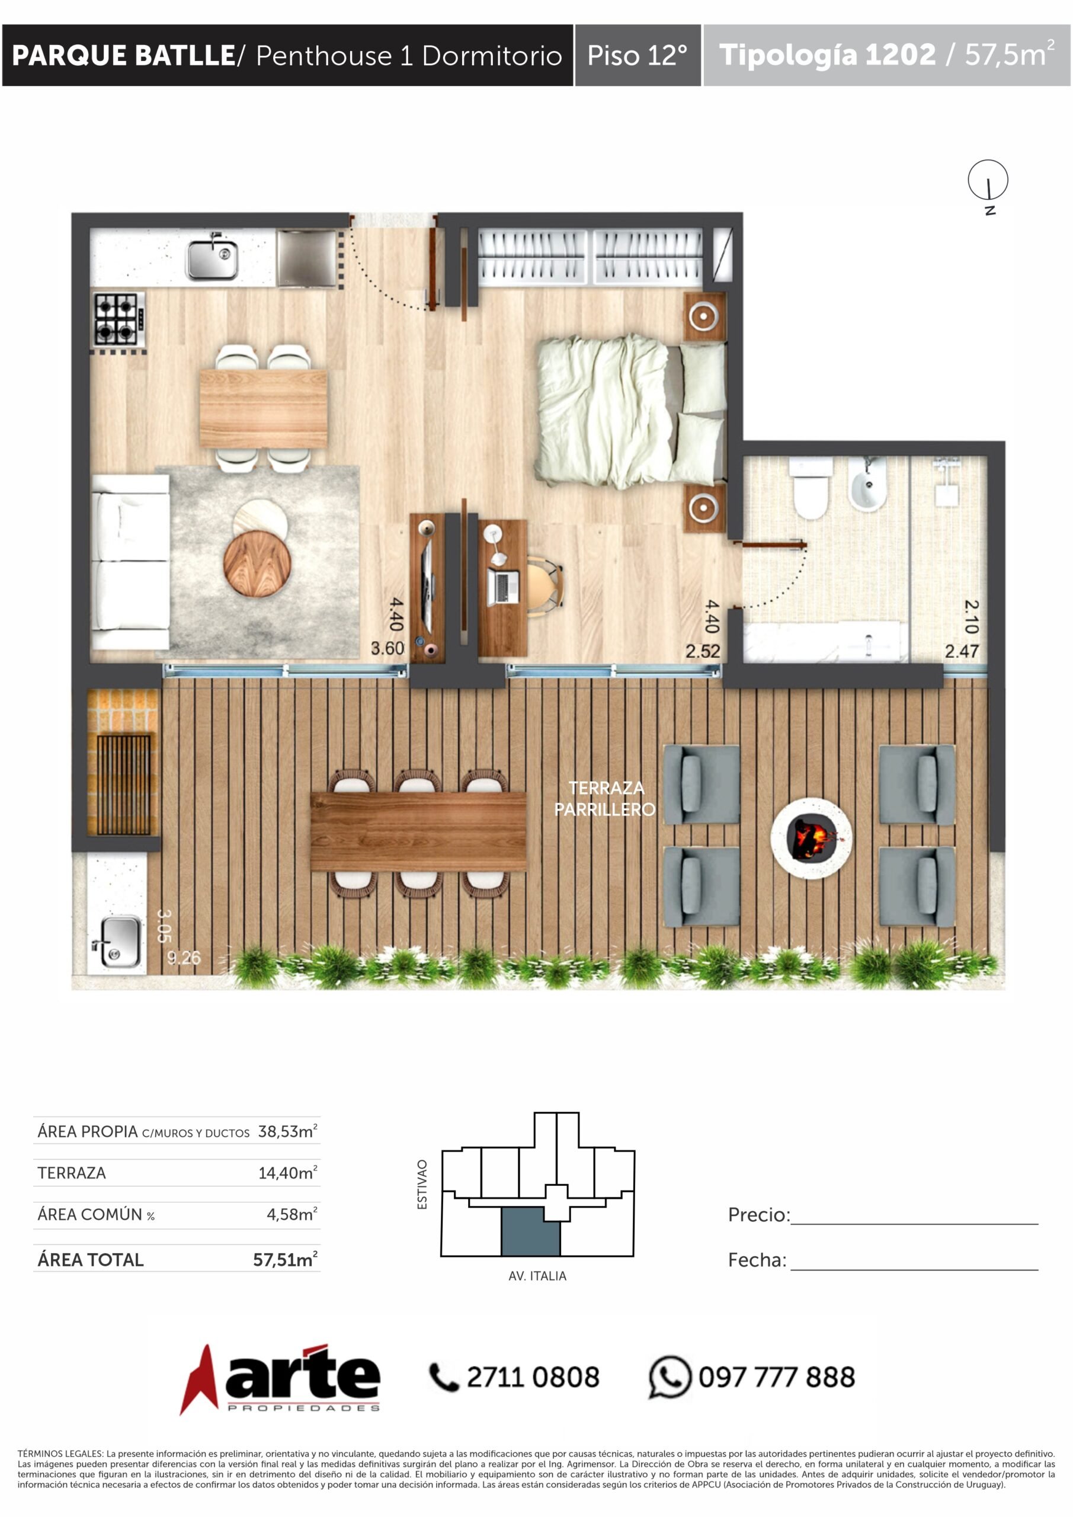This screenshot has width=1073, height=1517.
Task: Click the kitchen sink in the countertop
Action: pos(212,258)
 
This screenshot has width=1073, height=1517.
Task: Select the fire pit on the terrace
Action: pos(811,838)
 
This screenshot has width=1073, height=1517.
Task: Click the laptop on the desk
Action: pos(503,587)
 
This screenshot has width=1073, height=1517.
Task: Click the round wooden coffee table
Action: pos(257,564)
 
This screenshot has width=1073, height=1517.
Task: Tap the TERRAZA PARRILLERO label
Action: pos(605,798)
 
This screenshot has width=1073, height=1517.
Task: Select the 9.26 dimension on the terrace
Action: pos(184,958)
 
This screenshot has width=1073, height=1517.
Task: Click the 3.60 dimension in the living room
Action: pos(387,648)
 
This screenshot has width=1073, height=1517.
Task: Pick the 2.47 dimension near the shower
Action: pos(962,651)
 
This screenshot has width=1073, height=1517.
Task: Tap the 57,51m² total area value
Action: pos(286,1260)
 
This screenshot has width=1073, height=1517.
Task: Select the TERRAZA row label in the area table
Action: pos(71,1173)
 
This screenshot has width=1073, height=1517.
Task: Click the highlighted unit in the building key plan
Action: pos(530,1231)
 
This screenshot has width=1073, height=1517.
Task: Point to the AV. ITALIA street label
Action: pos(537,1276)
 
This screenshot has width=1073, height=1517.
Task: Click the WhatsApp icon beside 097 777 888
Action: pos(670,1378)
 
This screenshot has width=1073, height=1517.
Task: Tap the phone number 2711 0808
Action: pos(533,1378)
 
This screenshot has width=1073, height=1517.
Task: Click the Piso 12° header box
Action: pos(638,56)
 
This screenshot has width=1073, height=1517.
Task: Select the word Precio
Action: pos(758,1215)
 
